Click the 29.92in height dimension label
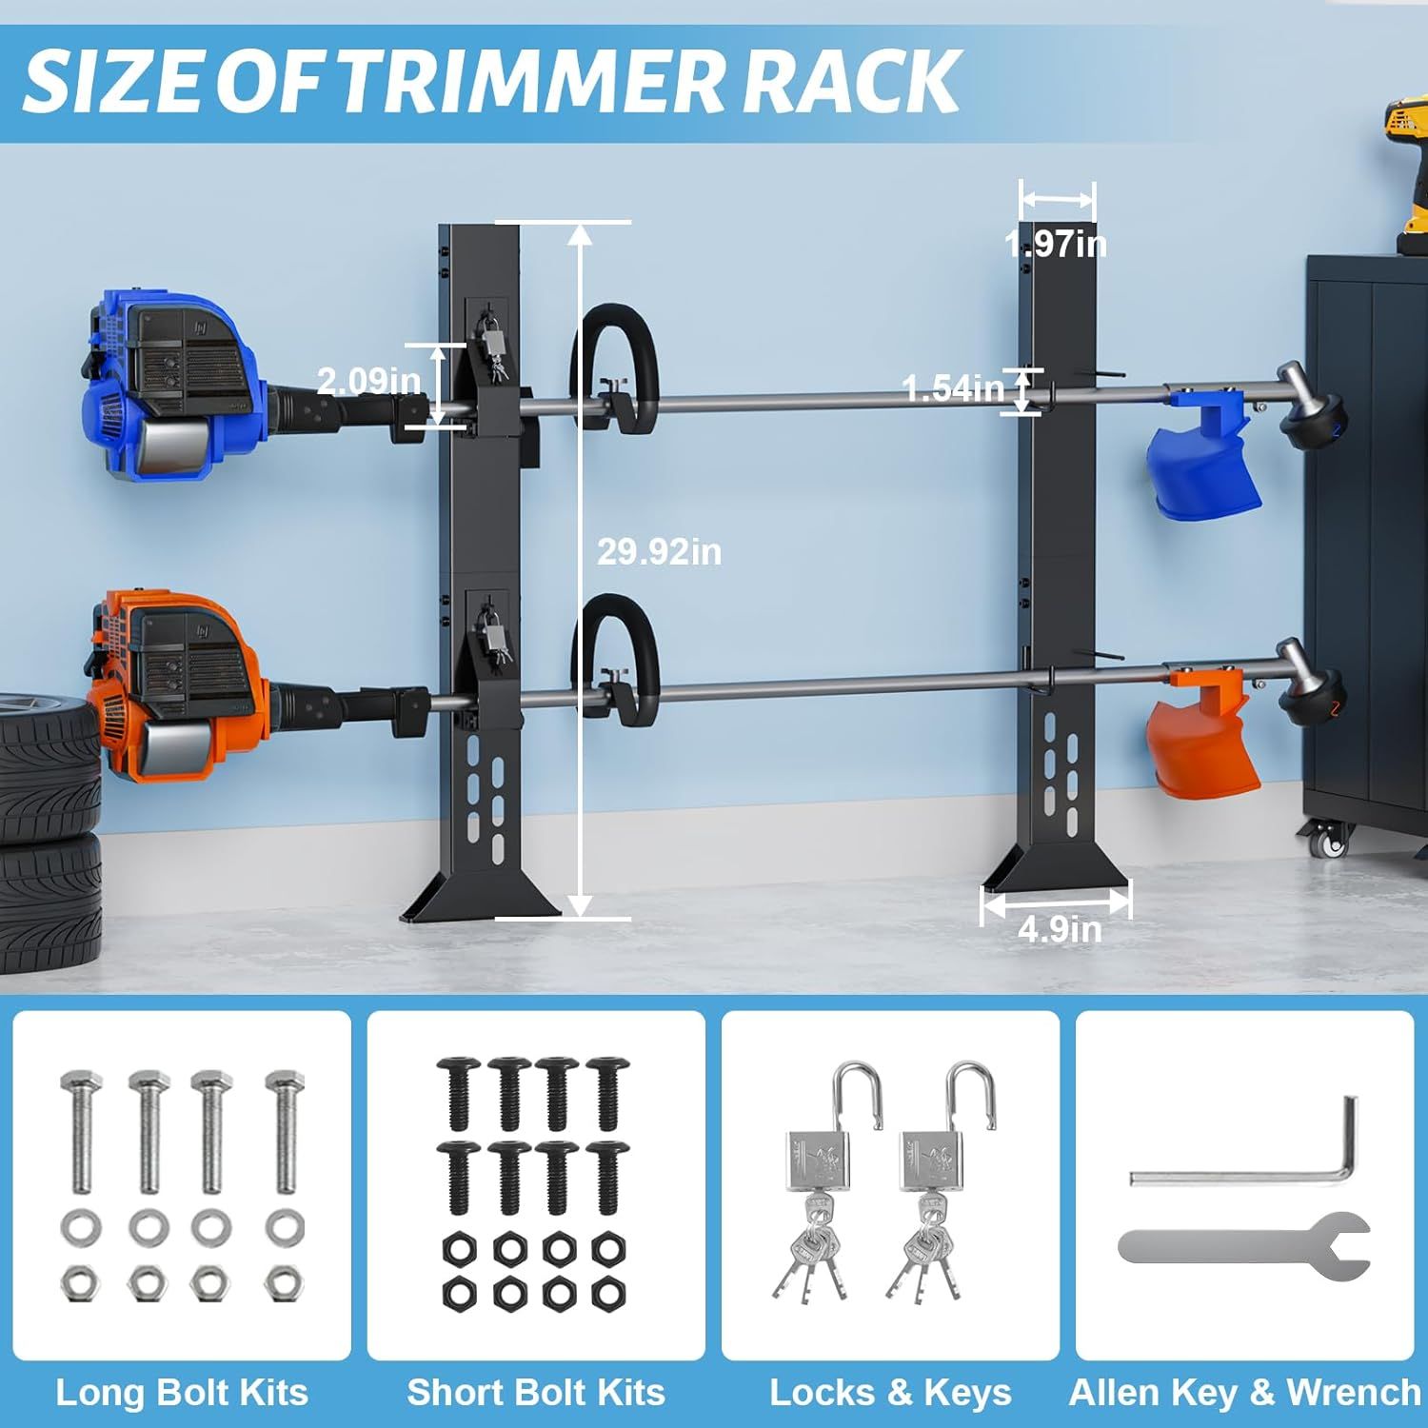click(x=659, y=551)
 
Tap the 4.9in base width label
click(x=1060, y=929)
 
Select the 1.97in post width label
click(x=1056, y=245)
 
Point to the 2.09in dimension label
click(x=368, y=381)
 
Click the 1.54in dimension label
click(x=953, y=388)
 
